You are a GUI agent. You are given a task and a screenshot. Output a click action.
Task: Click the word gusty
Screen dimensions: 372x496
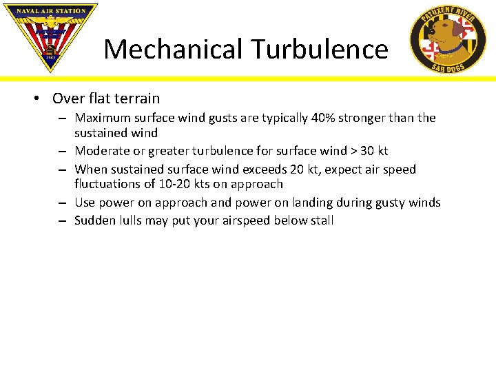click(x=391, y=203)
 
